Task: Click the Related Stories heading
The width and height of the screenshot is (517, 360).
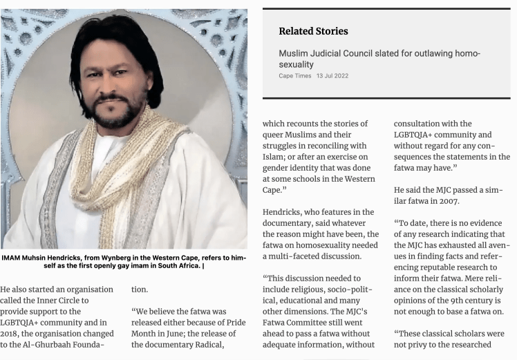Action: coord(313,31)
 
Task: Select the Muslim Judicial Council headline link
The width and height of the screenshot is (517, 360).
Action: coord(379,58)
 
